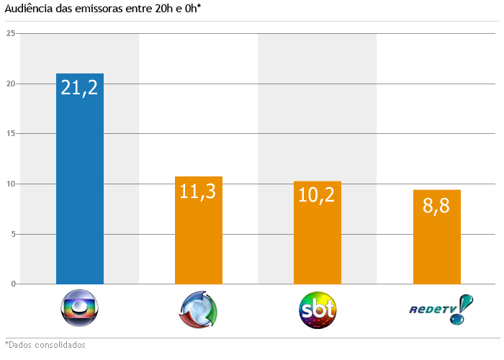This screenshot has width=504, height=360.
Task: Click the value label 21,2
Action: coord(79,88)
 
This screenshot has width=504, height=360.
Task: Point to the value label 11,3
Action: coord(198,191)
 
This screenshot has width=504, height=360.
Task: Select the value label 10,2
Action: coord(318,195)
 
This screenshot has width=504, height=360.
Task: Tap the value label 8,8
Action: coord(436,205)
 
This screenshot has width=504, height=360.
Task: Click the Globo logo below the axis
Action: coord(79,310)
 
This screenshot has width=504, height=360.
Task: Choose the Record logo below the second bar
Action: coord(198,310)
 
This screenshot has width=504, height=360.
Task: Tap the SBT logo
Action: coord(318,310)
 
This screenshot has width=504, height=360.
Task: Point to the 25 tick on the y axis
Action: coord(11,34)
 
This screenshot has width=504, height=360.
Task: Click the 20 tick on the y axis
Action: coord(11,84)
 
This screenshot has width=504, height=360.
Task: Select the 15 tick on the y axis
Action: coord(11,134)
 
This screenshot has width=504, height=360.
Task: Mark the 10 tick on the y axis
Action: coord(11,184)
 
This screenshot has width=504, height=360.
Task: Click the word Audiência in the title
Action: coord(28,8)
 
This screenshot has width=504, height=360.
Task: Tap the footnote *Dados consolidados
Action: coord(45,345)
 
